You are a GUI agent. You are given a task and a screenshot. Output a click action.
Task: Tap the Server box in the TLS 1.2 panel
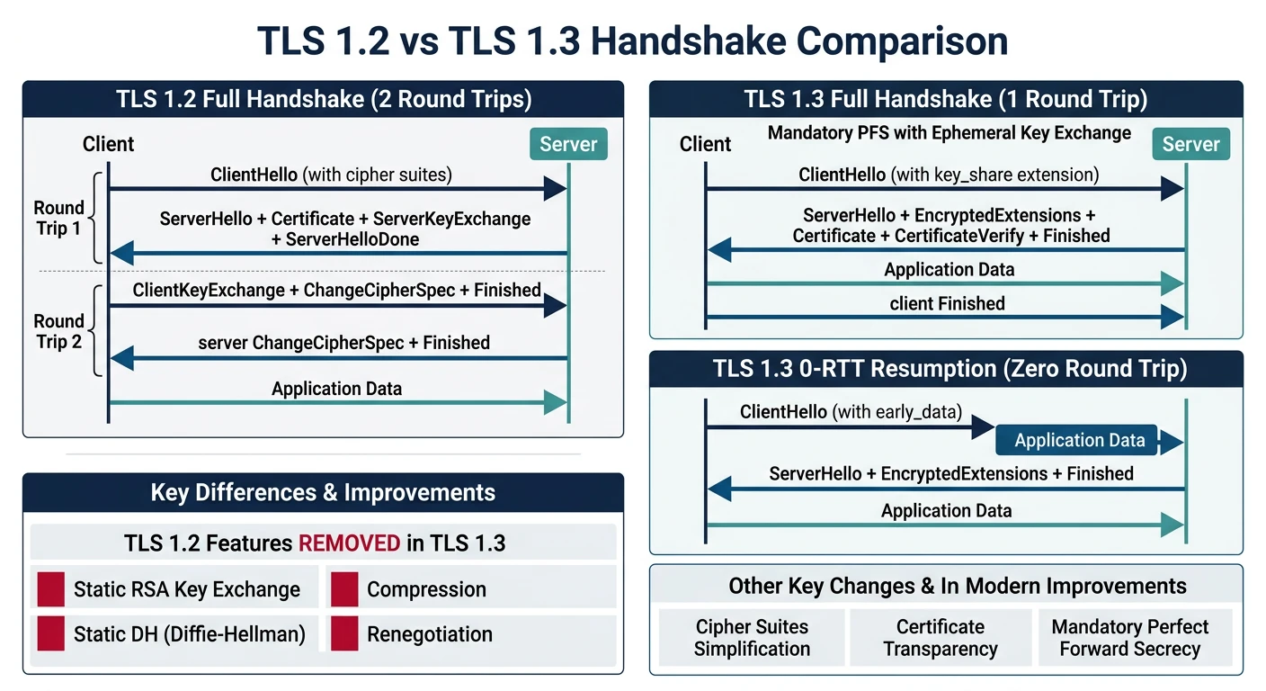pyautogui.click(x=568, y=144)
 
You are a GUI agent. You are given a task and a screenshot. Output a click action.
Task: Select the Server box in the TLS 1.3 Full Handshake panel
pyautogui.click(x=1191, y=144)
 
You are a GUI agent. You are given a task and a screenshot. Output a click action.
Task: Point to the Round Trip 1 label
pyautogui.click(x=58, y=219)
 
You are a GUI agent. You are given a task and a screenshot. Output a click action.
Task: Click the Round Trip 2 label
pyautogui.click(x=58, y=332)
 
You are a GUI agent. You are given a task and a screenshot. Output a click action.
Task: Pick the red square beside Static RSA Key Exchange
pyautogui.click(x=50, y=589)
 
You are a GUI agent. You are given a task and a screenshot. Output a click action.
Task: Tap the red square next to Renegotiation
pyautogui.click(x=344, y=634)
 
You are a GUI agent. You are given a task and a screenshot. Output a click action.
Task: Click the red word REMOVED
pyautogui.click(x=349, y=543)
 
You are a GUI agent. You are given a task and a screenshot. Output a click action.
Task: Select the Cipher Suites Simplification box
pyautogui.click(x=752, y=638)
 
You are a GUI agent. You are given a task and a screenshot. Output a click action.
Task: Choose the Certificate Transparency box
pyautogui.click(x=941, y=638)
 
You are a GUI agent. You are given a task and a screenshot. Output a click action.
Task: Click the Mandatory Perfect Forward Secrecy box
pyautogui.click(x=1129, y=638)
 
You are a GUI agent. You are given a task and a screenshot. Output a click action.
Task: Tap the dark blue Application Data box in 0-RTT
pyautogui.click(x=1079, y=440)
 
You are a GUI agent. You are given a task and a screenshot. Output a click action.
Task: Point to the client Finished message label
pyautogui.click(x=947, y=304)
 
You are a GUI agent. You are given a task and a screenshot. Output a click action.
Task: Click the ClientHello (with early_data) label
pyautogui.click(x=851, y=412)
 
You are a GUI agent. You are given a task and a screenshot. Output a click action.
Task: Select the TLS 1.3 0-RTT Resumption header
pyautogui.click(x=946, y=369)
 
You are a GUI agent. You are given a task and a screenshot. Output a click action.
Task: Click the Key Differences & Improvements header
pyautogui.click(x=323, y=492)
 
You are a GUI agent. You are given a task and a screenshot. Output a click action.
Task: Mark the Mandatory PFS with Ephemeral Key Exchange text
pyautogui.click(x=949, y=133)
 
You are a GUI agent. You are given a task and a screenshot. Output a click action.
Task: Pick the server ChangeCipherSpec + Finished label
pyautogui.click(x=343, y=343)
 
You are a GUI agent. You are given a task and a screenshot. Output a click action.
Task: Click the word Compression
pyautogui.click(x=426, y=589)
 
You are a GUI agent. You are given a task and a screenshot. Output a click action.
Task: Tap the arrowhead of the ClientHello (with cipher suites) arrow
pyautogui.click(x=556, y=189)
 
